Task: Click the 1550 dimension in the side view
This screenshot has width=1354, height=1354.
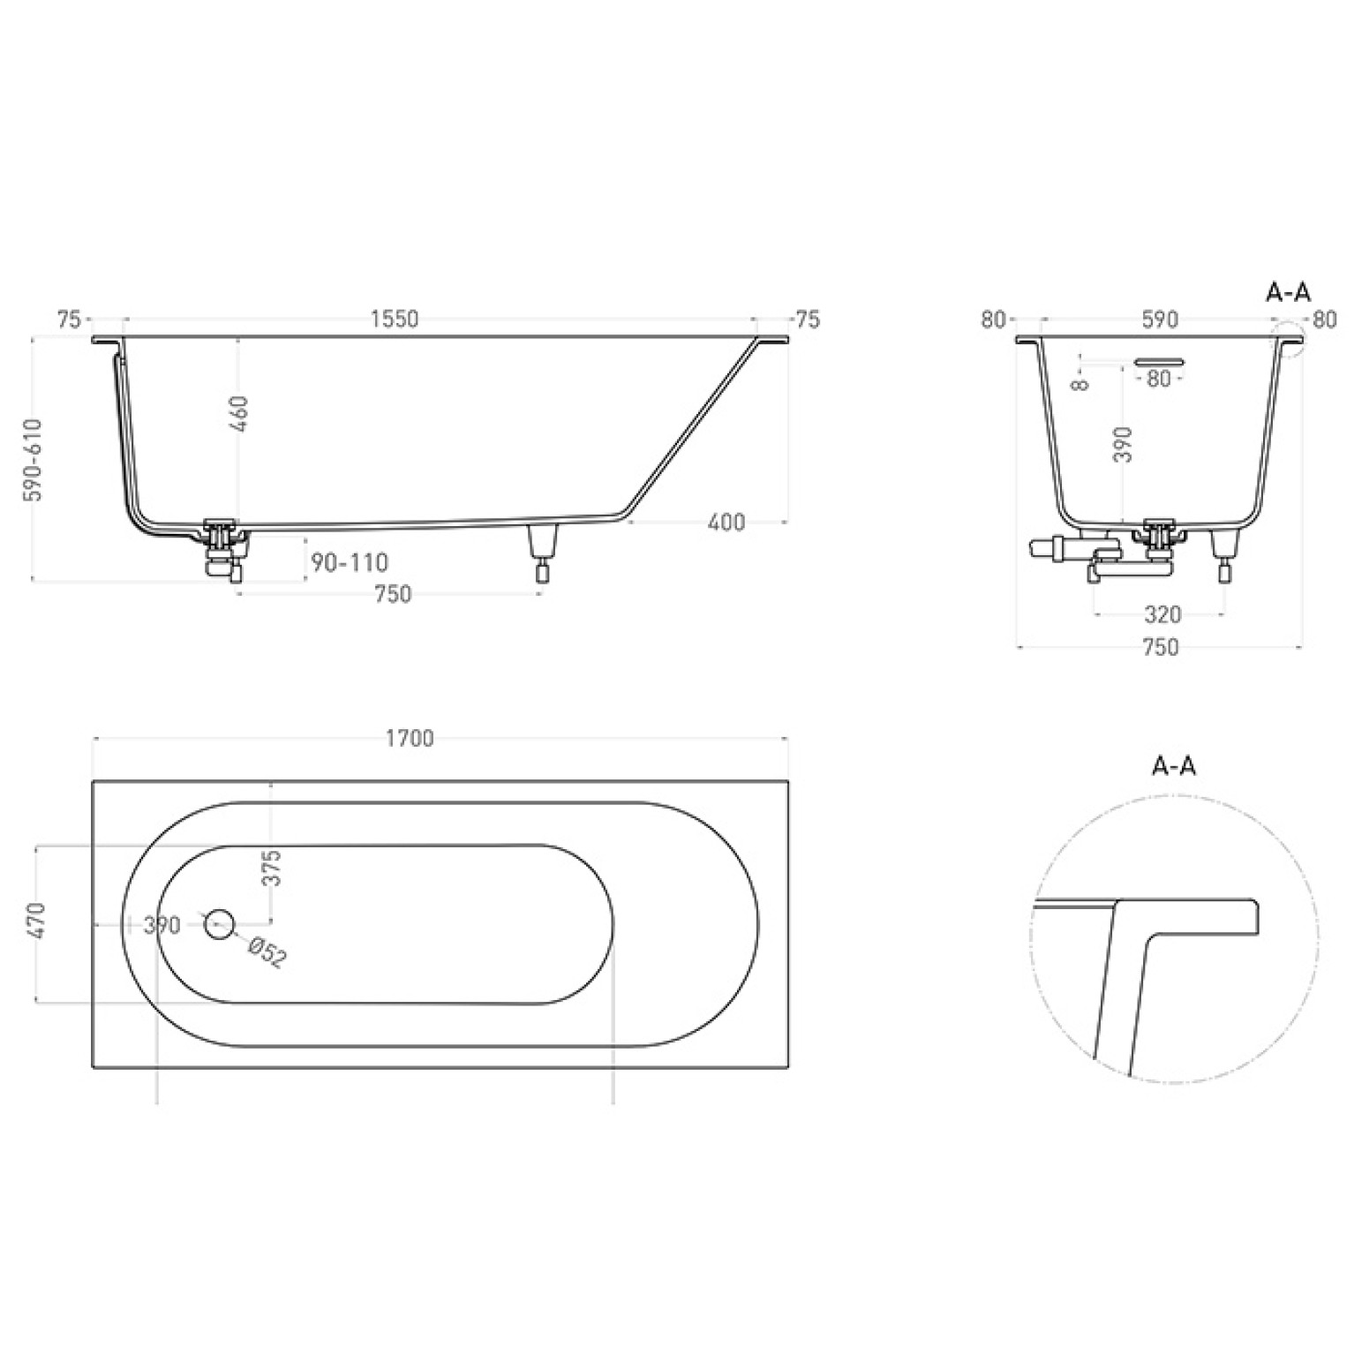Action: (394, 319)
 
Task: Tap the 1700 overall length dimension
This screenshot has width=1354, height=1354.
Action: (410, 738)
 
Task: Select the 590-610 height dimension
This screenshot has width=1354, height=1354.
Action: (34, 460)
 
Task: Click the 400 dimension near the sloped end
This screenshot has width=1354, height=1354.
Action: (726, 523)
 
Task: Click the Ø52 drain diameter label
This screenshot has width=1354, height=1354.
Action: (267, 953)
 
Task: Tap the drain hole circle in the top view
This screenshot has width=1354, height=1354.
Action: (219, 924)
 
